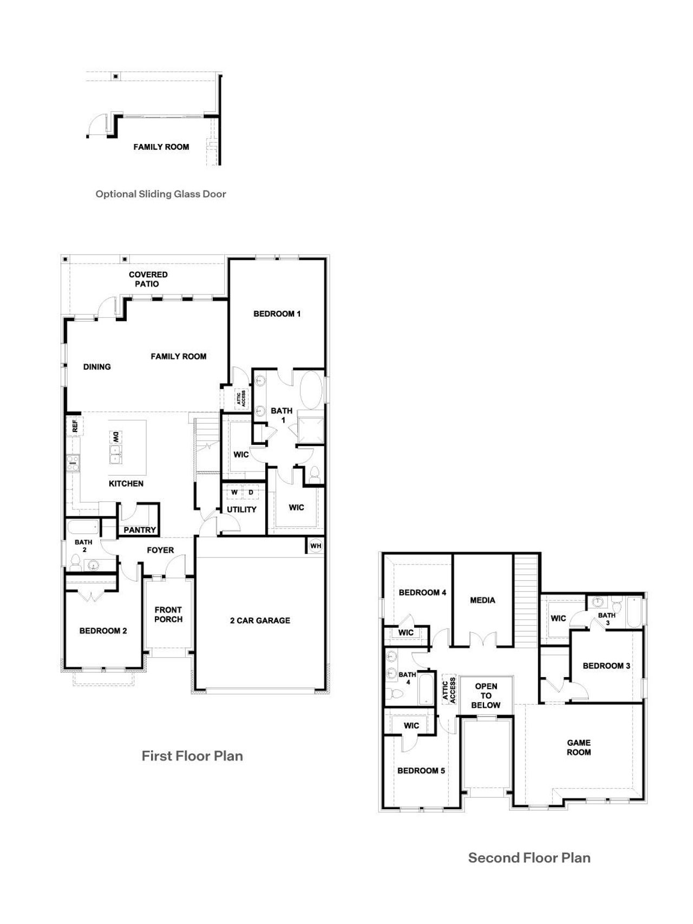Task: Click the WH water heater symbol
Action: [316, 546]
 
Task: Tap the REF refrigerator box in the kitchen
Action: [74, 426]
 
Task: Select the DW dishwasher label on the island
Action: [115, 437]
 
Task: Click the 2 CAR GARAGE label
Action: [260, 620]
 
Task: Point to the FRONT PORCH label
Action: [168, 614]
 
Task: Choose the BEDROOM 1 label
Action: [277, 313]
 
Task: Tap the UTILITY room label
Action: [241, 509]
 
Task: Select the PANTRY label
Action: [140, 530]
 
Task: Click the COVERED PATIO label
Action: [148, 279]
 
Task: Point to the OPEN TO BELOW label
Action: [486, 696]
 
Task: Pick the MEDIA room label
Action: [482, 600]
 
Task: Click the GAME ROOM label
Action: [579, 748]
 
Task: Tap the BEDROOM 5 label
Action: [421, 770]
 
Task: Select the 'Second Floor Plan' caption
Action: [529, 857]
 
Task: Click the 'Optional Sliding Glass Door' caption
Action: [161, 194]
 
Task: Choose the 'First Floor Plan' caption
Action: [192, 756]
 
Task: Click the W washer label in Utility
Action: [234, 493]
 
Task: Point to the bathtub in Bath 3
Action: [634, 611]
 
